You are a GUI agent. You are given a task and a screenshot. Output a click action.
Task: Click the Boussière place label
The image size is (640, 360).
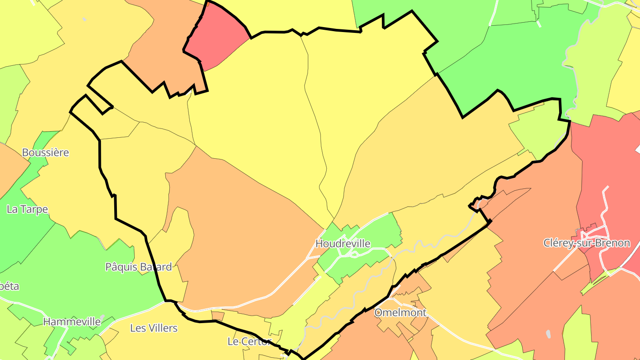45,152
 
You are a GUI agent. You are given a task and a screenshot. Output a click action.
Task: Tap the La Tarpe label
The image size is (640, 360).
27,209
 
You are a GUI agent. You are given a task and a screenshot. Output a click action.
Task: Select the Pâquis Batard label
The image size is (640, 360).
138,267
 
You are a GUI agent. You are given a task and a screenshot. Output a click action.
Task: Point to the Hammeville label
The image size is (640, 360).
72,321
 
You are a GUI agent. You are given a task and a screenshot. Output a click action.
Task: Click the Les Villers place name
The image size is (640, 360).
154,328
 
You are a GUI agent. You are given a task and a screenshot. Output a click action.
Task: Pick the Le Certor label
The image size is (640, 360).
249,341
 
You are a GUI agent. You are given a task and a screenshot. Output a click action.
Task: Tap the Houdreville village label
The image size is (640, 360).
343,243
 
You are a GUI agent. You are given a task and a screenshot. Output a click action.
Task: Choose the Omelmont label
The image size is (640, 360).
400,312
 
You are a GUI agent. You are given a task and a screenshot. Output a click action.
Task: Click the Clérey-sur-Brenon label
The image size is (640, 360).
587,243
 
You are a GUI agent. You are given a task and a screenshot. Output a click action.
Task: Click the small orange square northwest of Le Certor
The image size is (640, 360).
218,316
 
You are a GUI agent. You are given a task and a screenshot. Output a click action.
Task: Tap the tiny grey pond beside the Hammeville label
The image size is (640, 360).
103,317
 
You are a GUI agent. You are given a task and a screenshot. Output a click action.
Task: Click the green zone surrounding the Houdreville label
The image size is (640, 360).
378,231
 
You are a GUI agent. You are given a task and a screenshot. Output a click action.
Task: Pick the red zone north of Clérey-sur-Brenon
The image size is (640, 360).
609,156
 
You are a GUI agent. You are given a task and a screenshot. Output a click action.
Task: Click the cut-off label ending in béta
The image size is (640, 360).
9,286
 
